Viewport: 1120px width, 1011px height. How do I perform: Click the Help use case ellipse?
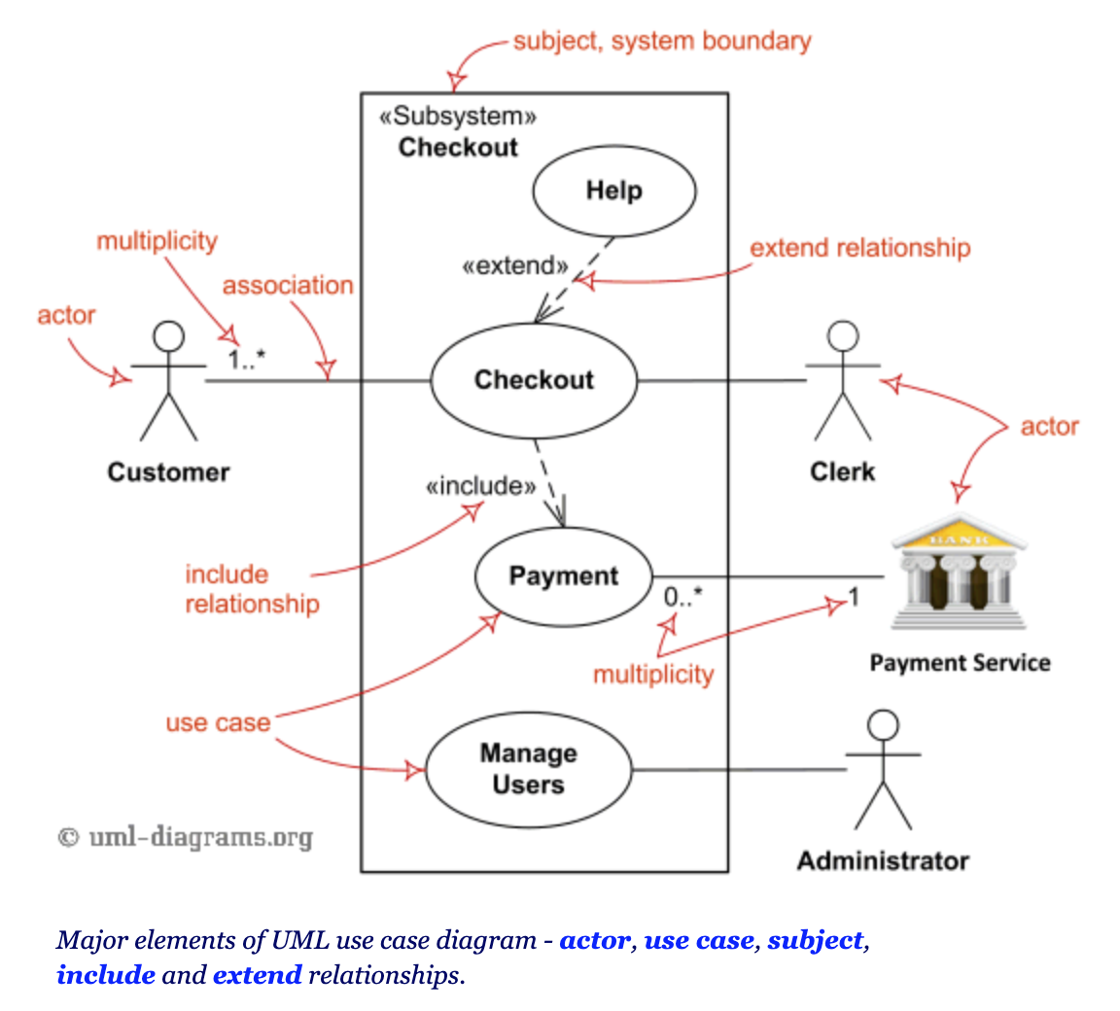click(x=613, y=191)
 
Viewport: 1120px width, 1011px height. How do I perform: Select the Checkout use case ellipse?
click(x=533, y=380)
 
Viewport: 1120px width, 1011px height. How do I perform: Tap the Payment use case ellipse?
click(x=563, y=576)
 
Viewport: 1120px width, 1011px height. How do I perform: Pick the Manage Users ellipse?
click(x=528, y=769)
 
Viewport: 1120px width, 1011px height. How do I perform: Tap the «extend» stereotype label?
click(x=515, y=265)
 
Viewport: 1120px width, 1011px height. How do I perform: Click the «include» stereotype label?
click(x=481, y=486)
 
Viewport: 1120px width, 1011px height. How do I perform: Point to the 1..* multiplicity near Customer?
click(x=247, y=360)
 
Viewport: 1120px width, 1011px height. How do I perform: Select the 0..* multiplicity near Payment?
click(x=682, y=598)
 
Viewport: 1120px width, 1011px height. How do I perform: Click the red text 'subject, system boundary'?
click(x=661, y=42)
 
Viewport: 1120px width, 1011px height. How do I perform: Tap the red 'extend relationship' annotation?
click(x=859, y=248)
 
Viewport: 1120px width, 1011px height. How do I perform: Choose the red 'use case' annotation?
click(x=217, y=723)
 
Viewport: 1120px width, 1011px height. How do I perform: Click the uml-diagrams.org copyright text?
click(x=186, y=837)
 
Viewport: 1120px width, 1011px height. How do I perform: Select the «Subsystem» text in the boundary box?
click(x=457, y=117)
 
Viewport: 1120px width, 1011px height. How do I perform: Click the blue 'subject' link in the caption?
click(x=815, y=941)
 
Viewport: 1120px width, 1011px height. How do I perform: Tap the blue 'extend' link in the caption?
click(x=258, y=975)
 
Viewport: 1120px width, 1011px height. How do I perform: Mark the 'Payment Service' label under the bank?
click(x=960, y=663)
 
